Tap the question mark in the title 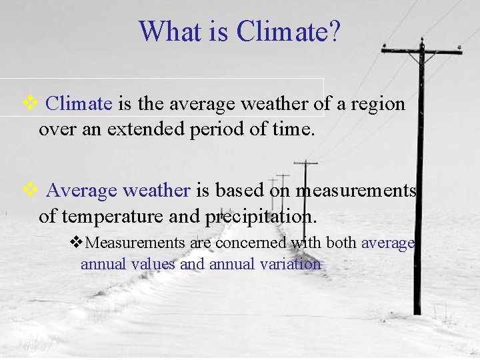click(333, 31)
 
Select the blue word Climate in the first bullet click(80, 104)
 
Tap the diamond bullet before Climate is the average click(31, 103)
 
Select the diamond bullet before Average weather click(31, 191)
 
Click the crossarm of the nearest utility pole click(421, 51)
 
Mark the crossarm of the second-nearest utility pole click(305, 163)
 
